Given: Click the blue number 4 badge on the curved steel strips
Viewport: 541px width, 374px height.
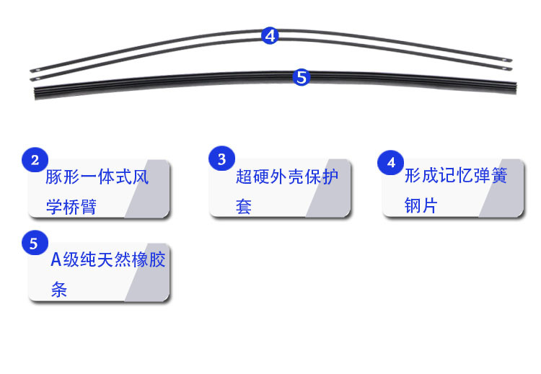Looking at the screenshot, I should pyautogui.click(x=270, y=35).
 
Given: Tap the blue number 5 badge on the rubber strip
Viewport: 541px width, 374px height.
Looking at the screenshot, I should pyautogui.click(x=302, y=77).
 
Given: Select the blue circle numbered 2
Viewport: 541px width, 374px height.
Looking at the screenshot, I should pyautogui.click(x=35, y=160).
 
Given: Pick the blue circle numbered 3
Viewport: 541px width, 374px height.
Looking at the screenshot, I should pyautogui.click(x=222, y=160).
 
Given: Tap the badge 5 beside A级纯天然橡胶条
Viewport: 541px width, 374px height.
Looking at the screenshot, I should pyautogui.click(x=34, y=244).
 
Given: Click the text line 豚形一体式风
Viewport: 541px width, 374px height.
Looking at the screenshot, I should pyautogui.click(x=97, y=177).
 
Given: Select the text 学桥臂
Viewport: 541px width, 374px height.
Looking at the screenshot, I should pyautogui.click(x=71, y=206).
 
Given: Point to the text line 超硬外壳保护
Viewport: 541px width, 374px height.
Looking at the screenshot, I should pyautogui.click(x=286, y=177).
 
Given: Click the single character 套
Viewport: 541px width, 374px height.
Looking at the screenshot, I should pyautogui.click(x=243, y=206).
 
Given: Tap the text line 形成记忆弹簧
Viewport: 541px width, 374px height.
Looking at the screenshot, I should pyautogui.click(x=455, y=177).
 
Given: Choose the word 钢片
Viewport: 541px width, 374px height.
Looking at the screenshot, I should pyautogui.click(x=421, y=206).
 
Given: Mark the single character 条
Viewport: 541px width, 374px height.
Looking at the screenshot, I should pyautogui.click(x=58, y=290).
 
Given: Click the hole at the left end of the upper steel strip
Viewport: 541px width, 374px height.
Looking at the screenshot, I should pyautogui.click(x=33, y=71).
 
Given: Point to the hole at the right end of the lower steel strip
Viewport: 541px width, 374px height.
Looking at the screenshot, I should pyautogui.click(x=508, y=69).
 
